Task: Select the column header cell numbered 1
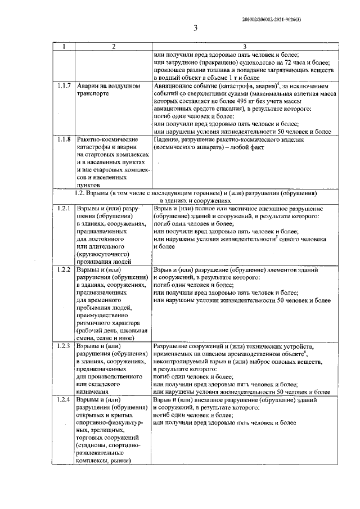coord(64,47)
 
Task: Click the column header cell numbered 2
coord(113,47)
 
